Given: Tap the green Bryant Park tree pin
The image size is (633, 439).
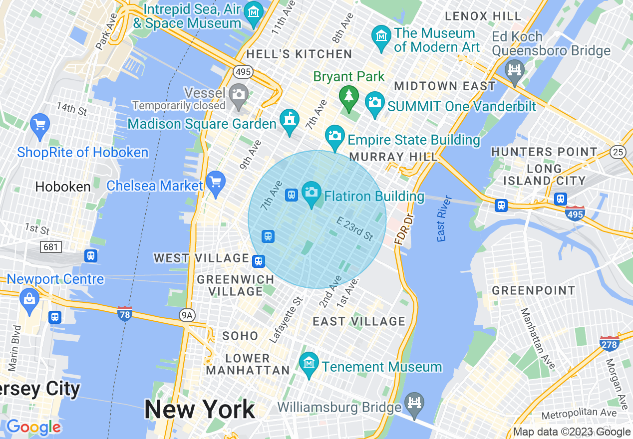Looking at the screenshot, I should pyautogui.click(x=349, y=97).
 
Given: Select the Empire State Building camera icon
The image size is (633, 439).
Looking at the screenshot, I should pyautogui.click(x=334, y=136).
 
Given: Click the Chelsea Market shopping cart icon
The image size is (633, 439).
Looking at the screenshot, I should pyautogui.click(x=216, y=182).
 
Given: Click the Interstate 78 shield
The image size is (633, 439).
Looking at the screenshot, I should pyautogui.click(x=124, y=314).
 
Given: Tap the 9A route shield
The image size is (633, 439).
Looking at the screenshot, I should pyautogui.click(x=186, y=315).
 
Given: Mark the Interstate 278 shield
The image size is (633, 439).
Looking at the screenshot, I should pyautogui.click(x=609, y=343).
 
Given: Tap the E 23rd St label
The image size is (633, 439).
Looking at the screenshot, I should pyautogui.click(x=354, y=228).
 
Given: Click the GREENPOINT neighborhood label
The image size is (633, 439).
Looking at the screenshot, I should pyautogui.click(x=533, y=290).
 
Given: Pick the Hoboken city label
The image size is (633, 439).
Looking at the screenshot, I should pyautogui.click(x=63, y=187).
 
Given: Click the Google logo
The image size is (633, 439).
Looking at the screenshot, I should pyautogui.click(x=33, y=427).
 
